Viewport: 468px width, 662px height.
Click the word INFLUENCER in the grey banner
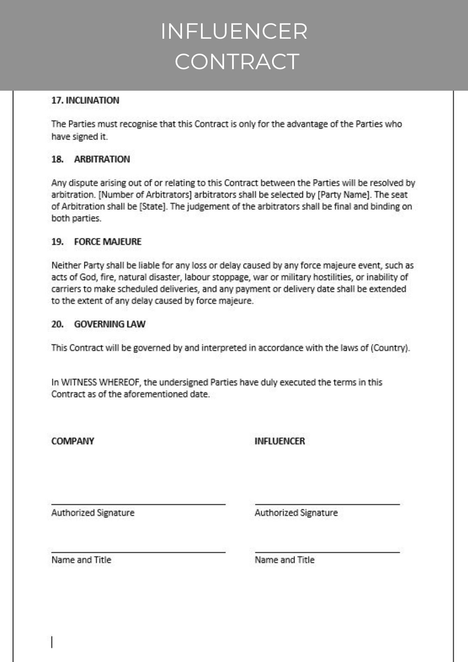pyautogui.click(x=234, y=31)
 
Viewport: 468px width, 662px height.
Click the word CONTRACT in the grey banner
pyautogui.click(x=237, y=62)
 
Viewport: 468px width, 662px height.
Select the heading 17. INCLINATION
pyautogui.click(x=85, y=100)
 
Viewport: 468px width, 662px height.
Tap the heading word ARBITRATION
pyautogui.click(x=102, y=159)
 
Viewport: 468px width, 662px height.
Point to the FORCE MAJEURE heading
pyautogui.click(x=108, y=242)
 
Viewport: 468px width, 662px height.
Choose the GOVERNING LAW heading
pyautogui.click(x=110, y=324)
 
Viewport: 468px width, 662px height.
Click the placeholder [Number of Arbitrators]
pyautogui.click(x=145, y=195)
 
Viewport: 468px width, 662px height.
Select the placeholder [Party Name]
pyautogui.click(x=344, y=195)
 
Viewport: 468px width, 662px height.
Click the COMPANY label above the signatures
pyautogui.click(x=73, y=441)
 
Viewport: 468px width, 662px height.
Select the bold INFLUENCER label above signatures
pyautogui.click(x=280, y=441)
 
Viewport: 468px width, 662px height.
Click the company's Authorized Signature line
pyautogui.click(x=138, y=504)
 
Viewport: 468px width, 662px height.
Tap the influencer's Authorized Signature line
pyautogui.click(x=327, y=504)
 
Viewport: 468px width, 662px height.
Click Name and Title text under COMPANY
pyautogui.click(x=81, y=560)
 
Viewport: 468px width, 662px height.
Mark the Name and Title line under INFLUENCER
pyautogui.click(x=327, y=552)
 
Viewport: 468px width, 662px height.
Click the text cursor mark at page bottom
pyautogui.click(x=52, y=642)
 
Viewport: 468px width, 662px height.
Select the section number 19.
pyautogui.click(x=57, y=242)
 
